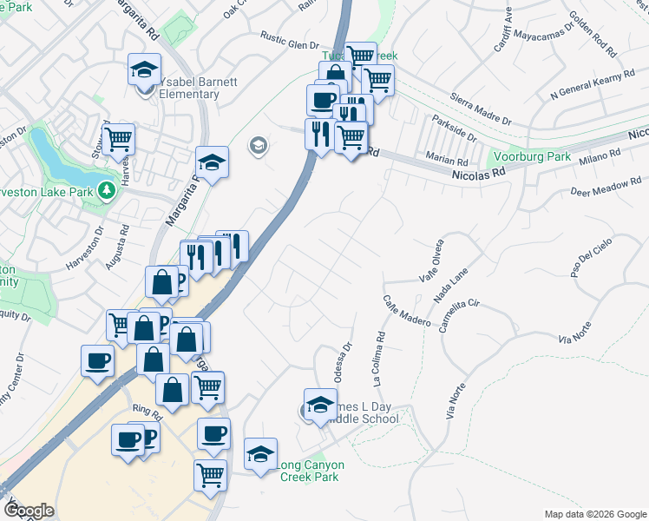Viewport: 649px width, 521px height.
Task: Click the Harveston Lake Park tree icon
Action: [108, 188]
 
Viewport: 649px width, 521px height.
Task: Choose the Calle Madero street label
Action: [407, 310]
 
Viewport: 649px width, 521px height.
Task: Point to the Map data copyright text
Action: [594, 514]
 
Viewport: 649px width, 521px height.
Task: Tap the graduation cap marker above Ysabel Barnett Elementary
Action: [144, 69]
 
